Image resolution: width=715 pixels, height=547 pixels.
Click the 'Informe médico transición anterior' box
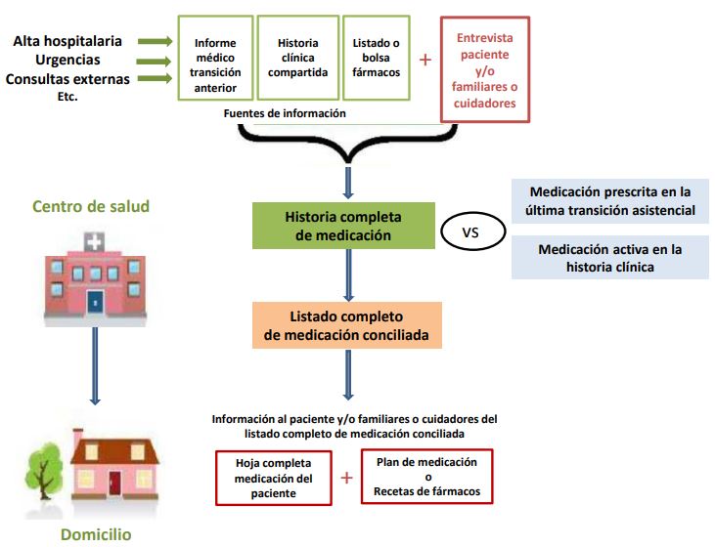(x=215, y=58)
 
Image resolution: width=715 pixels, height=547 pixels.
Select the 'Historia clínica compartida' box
(x=297, y=58)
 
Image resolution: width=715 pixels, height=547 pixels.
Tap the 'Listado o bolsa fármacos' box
(x=376, y=58)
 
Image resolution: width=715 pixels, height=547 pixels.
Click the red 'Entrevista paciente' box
(x=485, y=69)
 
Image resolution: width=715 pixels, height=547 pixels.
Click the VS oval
(x=472, y=232)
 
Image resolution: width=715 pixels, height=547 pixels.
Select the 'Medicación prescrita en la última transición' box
(x=610, y=200)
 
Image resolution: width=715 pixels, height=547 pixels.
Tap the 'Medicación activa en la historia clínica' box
(x=610, y=258)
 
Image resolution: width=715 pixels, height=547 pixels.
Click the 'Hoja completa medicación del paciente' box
(x=274, y=478)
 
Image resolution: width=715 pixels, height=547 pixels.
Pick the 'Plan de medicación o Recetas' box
(x=426, y=476)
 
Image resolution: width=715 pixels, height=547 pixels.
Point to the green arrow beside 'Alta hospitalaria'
(x=155, y=41)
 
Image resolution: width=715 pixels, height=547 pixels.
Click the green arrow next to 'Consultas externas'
(x=155, y=80)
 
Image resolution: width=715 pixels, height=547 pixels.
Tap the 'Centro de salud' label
(x=91, y=206)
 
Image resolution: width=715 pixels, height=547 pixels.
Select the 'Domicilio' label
(x=96, y=534)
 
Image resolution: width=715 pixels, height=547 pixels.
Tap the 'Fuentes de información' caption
(x=285, y=113)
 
